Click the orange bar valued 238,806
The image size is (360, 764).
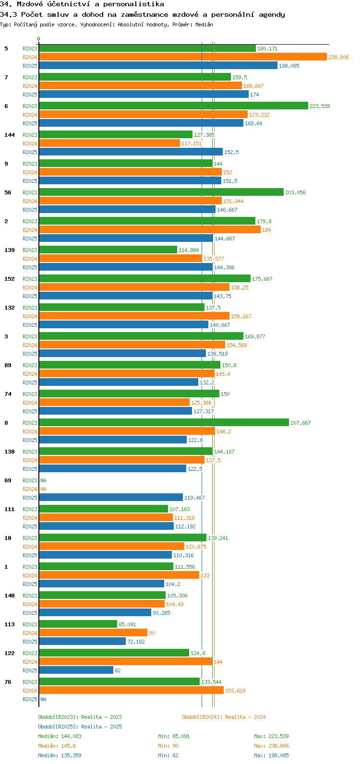[x=182, y=57]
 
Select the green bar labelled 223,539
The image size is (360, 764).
[x=173, y=106]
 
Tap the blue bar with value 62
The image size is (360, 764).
[x=76, y=670]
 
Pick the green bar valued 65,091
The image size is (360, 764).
[x=78, y=624]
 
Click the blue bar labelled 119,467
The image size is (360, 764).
[x=110, y=498]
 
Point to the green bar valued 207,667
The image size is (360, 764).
[x=163, y=423]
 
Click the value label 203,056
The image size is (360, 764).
[x=295, y=192]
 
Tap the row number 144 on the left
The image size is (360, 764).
[x=10, y=135]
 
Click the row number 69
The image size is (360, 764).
[x=8, y=480]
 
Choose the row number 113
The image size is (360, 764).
[x=10, y=624]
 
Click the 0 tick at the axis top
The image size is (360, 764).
[x=39, y=39]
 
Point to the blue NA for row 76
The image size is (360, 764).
[x=43, y=699]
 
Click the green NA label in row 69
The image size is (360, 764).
[x=43, y=480]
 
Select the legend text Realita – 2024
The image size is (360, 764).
[x=245, y=717]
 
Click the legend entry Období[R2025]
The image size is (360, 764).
[x=58, y=727]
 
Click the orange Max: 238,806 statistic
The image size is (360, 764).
[x=271, y=746]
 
